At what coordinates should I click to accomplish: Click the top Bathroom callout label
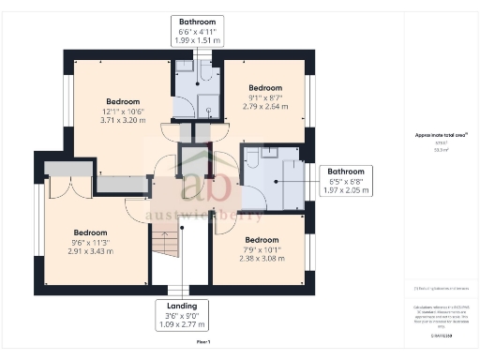click(197, 21)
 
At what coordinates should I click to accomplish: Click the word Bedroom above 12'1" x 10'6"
click(122, 101)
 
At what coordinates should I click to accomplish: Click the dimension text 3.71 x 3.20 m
click(122, 120)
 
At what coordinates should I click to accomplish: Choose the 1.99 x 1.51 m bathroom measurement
click(197, 40)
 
